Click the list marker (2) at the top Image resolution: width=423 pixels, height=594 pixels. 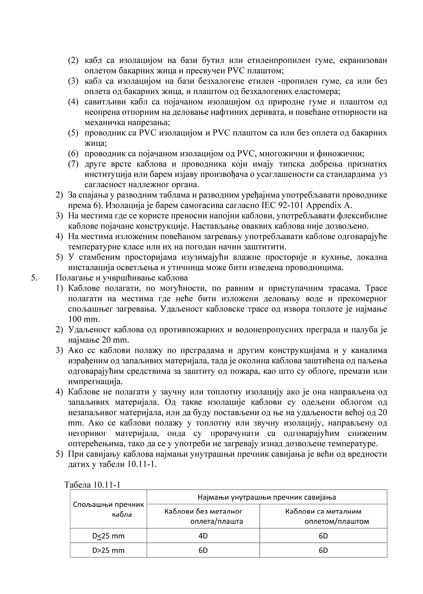[73, 61]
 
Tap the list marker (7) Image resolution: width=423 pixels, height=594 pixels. [73, 164]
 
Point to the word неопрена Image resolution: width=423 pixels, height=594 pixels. [102, 112]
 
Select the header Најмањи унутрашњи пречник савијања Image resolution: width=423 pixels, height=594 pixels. [267, 497]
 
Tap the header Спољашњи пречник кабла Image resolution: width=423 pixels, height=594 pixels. [109, 509]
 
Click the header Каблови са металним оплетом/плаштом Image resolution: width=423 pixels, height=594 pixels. [323, 516]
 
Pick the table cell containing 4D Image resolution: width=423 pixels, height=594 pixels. [203, 536]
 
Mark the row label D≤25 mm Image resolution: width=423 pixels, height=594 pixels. [109, 536]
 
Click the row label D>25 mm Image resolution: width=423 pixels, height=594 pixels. [109, 550]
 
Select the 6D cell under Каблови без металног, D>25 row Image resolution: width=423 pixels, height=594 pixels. [203, 550]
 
